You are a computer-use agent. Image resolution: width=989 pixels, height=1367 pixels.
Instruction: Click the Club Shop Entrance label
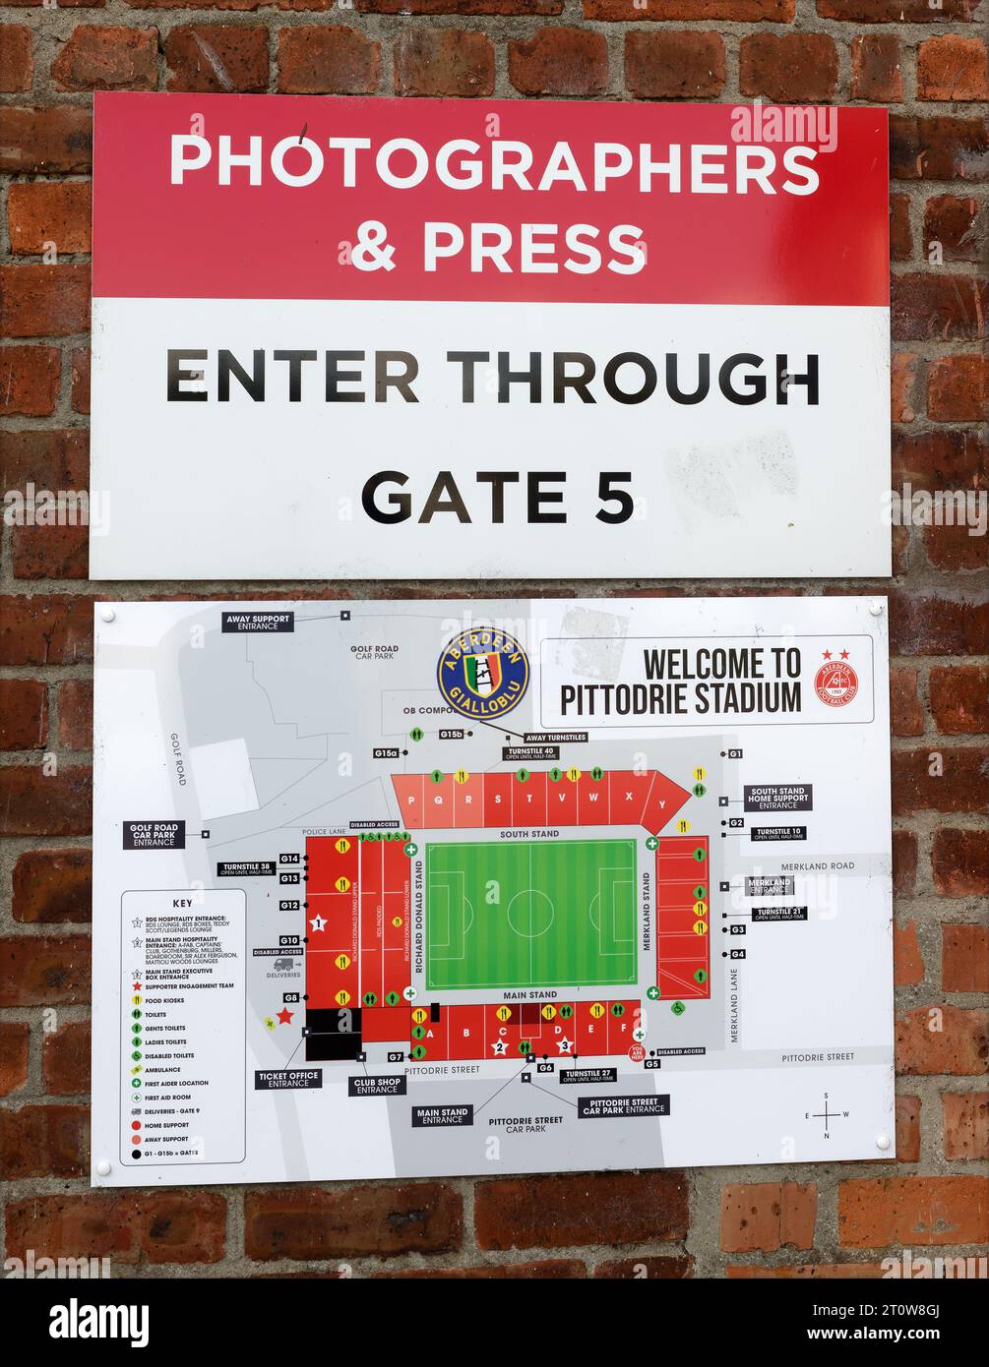click(377, 1086)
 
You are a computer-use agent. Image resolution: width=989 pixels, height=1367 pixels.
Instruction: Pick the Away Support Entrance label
click(258, 622)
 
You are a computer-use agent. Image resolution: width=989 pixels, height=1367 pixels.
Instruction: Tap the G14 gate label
click(289, 859)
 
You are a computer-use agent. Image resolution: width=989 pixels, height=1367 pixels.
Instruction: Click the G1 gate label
click(735, 754)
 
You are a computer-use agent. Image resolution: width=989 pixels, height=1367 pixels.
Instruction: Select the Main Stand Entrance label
click(442, 1116)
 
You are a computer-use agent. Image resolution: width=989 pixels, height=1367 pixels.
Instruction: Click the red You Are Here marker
click(638, 1053)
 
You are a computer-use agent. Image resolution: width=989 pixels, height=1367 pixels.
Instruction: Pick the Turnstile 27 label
click(590, 1075)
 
